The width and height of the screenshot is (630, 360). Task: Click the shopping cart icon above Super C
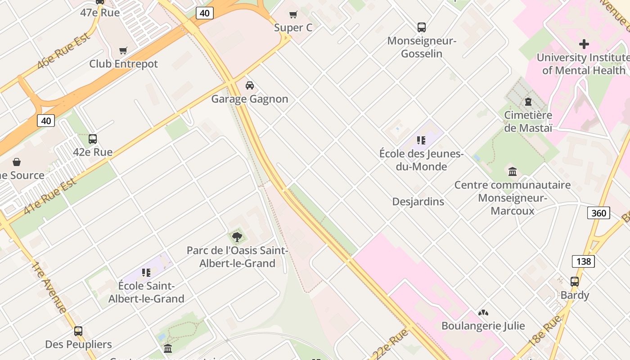pyautogui.click(x=293, y=15)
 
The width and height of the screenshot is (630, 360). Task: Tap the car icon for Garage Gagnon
pyautogui.click(x=249, y=85)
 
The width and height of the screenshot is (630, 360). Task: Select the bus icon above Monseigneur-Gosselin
pyautogui.click(x=422, y=27)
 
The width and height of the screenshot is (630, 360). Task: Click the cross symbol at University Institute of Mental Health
pyautogui.click(x=584, y=44)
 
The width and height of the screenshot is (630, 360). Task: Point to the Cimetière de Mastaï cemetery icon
pyautogui.click(x=528, y=102)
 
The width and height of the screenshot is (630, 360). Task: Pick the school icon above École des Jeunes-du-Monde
pyautogui.click(x=421, y=140)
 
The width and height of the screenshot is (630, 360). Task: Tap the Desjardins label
pyautogui.click(x=418, y=202)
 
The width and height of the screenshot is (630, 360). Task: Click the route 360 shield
pyautogui.click(x=598, y=213)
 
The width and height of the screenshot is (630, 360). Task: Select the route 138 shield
pyautogui.click(x=583, y=261)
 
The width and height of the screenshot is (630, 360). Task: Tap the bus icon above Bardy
pyautogui.click(x=575, y=282)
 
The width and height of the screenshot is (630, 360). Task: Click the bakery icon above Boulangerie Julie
pyautogui.click(x=483, y=312)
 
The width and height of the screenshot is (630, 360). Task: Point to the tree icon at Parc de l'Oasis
pyautogui.click(x=237, y=237)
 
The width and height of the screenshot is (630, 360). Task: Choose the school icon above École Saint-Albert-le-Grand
pyautogui.click(x=146, y=272)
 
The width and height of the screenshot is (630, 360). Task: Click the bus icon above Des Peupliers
pyautogui.click(x=78, y=331)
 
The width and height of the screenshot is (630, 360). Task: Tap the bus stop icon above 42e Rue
pyautogui.click(x=93, y=139)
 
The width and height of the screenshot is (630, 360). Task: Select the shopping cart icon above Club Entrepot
pyautogui.click(x=123, y=50)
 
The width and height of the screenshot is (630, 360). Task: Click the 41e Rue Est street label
pyautogui.click(x=49, y=195)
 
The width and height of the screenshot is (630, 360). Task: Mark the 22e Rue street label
pyautogui.click(x=390, y=344)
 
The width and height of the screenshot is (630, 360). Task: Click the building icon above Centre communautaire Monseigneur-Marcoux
pyautogui.click(x=513, y=171)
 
